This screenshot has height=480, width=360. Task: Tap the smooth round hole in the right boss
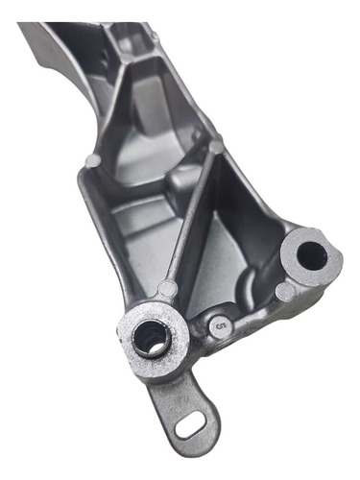pos(310,254)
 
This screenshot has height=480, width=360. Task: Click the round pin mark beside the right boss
pos(284,291)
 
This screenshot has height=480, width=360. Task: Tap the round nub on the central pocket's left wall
pos(92,158)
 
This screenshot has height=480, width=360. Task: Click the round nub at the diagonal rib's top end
pos(217,146)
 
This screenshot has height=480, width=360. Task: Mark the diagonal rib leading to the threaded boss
pos(190,221)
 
